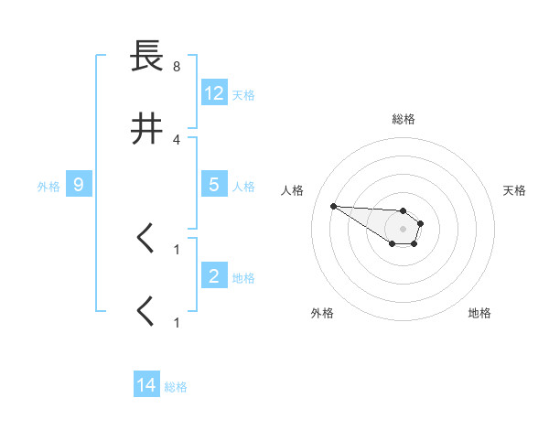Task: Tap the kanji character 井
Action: click(146, 131)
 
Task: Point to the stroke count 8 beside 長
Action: click(177, 67)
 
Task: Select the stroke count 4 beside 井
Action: click(177, 140)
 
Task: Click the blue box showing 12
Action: click(214, 93)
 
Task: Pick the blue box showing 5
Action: click(214, 185)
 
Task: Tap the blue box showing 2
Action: click(214, 276)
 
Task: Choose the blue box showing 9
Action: click(79, 185)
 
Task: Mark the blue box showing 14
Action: click(146, 386)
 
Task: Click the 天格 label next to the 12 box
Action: click(243, 94)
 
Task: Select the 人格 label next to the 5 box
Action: click(243, 186)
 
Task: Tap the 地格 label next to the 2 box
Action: click(243, 277)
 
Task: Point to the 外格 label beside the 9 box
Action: click(48, 186)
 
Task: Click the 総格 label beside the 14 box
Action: click(176, 387)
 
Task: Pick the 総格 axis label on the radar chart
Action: click(404, 119)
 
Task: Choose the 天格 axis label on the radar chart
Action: click(514, 190)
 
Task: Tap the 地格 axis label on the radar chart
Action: click(479, 313)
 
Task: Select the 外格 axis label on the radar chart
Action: click(322, 313)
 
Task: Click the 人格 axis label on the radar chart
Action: click(293, 190)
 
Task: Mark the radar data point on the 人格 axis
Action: click(334, 206)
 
